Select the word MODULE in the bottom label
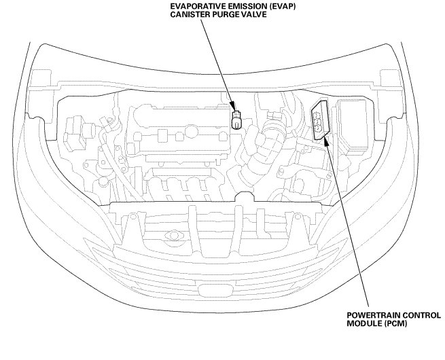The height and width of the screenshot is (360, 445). pyautogui.click(x=362, y=325)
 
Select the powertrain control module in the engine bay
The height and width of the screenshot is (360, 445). pyautogui.click(x=319, y=121)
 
